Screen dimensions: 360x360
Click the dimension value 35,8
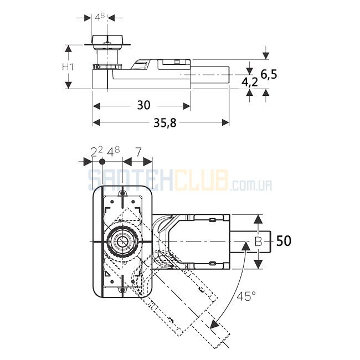[x=165, y=123]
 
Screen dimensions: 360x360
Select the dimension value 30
[x=144, y=105]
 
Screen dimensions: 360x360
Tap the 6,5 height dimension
[x=269, y=75]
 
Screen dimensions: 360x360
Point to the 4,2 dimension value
[x=250, y=82]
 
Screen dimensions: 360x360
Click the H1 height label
[x=68, y=67]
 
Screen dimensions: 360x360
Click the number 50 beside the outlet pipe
[x=284, y=241]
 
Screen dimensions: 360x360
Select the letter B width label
[x=259, y=241]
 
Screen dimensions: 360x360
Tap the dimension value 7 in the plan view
[x=138, y=152]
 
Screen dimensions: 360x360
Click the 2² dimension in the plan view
[x=96, y=152]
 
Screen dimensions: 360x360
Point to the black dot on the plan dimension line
[x=102, y=162]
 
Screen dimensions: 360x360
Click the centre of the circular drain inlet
[x=122, y=241]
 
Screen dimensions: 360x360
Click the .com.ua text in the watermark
[x=251, y=186]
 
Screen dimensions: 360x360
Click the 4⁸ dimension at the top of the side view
[x=100, y=17]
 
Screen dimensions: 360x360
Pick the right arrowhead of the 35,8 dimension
[x=225, y=122]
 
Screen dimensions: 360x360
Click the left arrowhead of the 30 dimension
[x=96, y=106]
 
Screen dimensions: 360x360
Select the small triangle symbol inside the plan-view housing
[x=107, y=274]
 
